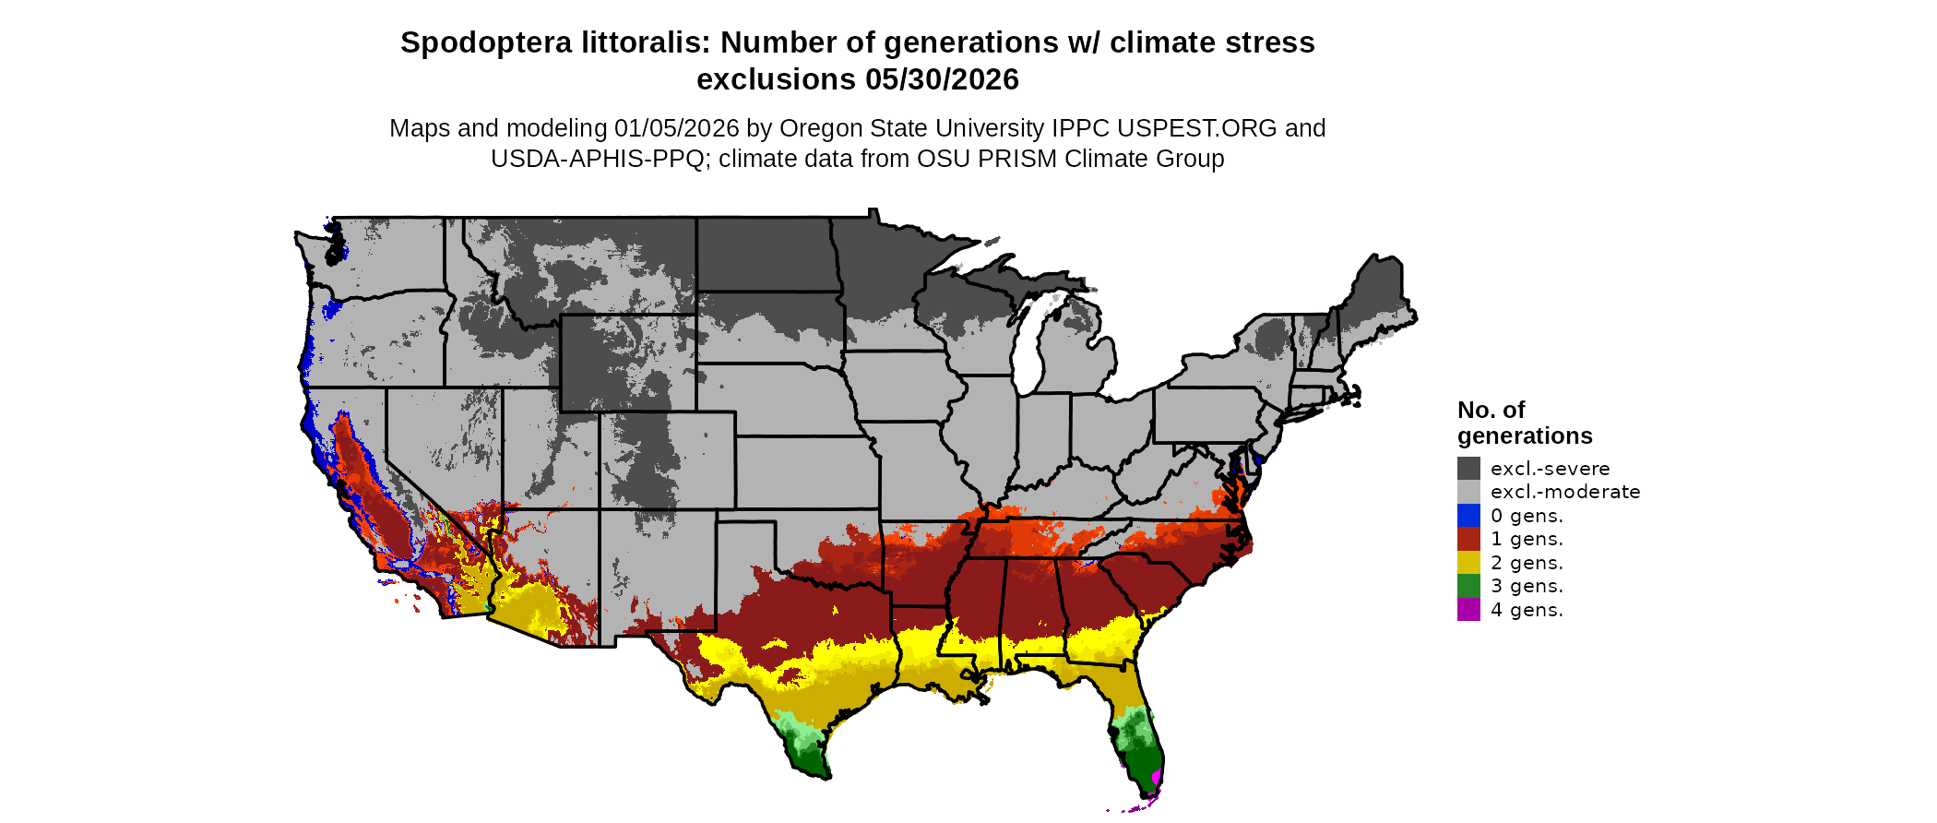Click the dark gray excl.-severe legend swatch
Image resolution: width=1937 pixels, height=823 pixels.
1468,469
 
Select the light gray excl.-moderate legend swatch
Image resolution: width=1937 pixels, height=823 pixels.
1468,492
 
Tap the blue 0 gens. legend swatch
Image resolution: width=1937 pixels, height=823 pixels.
1468,516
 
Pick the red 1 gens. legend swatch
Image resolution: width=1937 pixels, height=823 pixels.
1468,539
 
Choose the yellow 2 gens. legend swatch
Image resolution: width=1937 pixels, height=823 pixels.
1468,563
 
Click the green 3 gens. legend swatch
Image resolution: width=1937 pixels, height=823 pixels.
1468,586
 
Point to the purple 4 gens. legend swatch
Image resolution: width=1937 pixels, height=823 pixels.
1468,610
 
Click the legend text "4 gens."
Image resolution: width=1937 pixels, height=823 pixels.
1527,610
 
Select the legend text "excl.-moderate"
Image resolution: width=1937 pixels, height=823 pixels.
1565,492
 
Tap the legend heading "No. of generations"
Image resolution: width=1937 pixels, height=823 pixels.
1525,423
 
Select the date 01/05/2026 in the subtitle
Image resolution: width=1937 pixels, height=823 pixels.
677,128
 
